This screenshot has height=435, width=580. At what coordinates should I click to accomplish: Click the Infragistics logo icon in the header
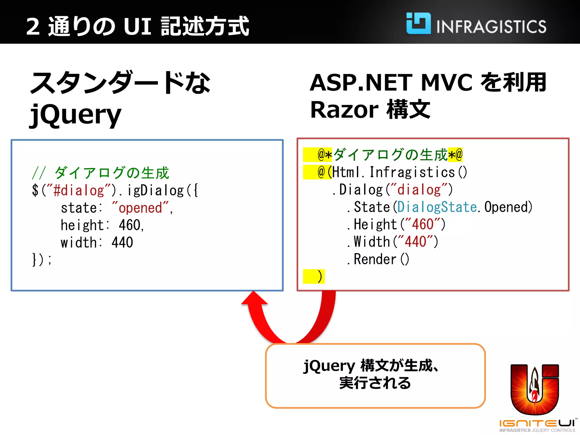tap(418, 24)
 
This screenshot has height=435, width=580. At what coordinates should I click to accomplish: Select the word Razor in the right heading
tap(344, 110)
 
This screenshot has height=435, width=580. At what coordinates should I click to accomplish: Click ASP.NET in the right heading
tap(361, 83)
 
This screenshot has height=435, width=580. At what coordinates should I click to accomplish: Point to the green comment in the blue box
tap(101, 173)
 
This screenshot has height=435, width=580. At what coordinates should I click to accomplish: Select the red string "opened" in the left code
tap(140, 208)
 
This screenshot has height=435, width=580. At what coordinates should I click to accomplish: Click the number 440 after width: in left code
tap(122, 242)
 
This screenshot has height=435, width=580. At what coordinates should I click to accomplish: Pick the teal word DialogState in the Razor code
tap(437, 207)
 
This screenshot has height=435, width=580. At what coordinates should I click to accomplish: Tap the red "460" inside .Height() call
tap(422, 225)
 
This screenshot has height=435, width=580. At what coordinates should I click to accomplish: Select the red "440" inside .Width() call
tap(415, 242)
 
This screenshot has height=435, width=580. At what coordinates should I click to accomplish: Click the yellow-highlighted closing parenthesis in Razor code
tap(319, 277)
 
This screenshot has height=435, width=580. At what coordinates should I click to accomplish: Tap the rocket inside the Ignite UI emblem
tap(534, 385)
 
